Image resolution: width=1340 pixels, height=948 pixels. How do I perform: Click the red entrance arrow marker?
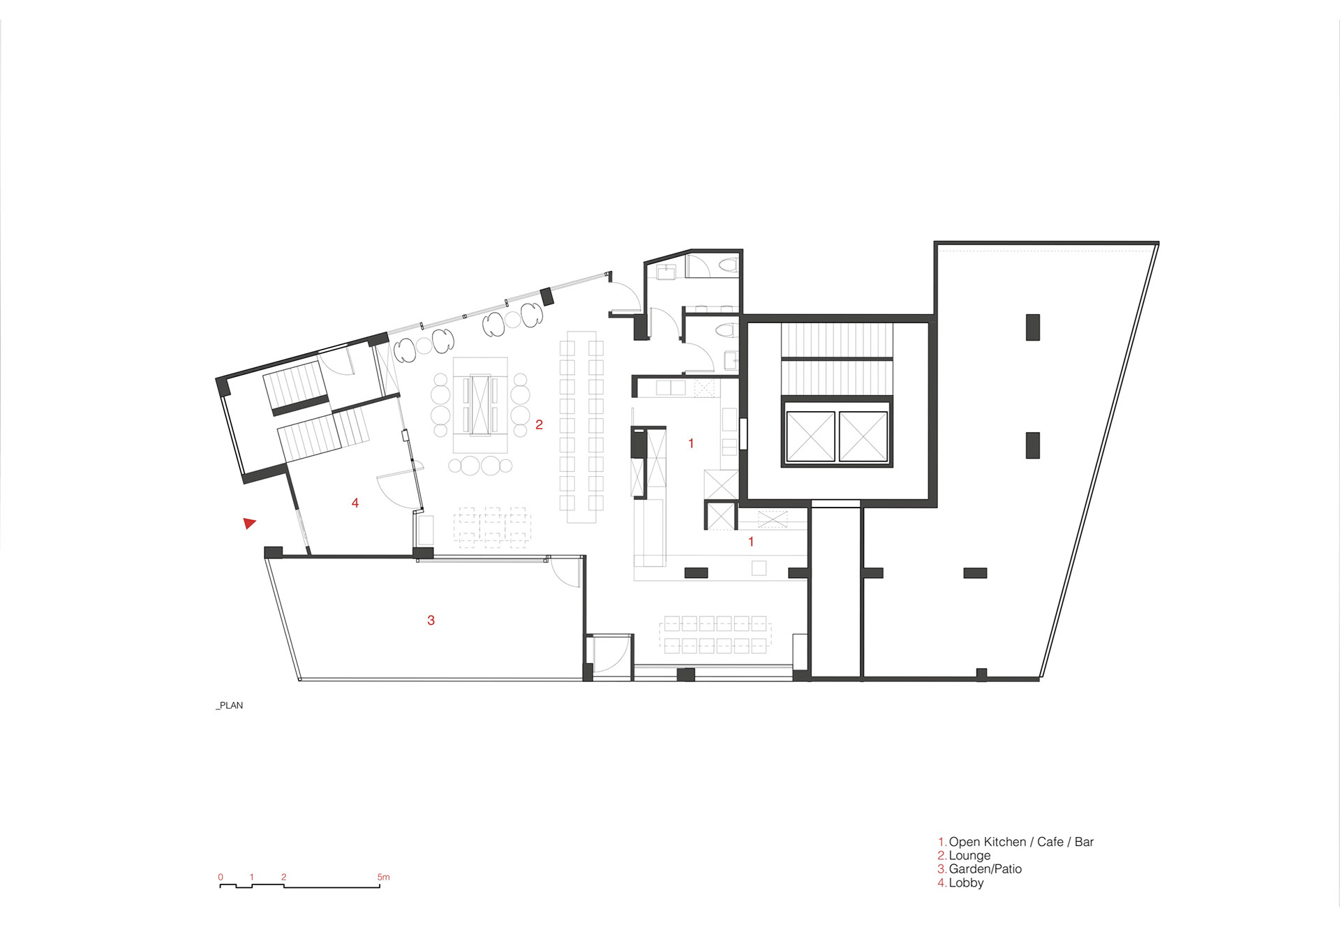249,523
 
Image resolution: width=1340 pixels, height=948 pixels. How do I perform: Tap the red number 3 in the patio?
431,620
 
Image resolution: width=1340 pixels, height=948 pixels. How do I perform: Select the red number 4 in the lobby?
355,503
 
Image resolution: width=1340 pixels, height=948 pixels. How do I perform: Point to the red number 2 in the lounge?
539,424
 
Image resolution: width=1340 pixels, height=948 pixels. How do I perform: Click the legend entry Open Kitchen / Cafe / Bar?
1021,842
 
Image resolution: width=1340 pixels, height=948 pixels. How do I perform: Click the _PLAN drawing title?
230,705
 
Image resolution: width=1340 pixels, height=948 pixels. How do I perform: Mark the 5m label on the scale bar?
383,877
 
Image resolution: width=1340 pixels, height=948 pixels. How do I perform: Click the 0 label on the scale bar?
221,877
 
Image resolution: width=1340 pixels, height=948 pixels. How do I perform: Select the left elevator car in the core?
810,436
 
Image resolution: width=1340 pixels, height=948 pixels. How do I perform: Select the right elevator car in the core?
863,436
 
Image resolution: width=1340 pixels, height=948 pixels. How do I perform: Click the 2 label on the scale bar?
284,877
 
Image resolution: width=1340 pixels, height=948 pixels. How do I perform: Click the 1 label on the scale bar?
252,877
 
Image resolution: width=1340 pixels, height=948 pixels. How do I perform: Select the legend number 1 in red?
941,842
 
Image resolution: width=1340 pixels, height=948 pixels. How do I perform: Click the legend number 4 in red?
941,882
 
